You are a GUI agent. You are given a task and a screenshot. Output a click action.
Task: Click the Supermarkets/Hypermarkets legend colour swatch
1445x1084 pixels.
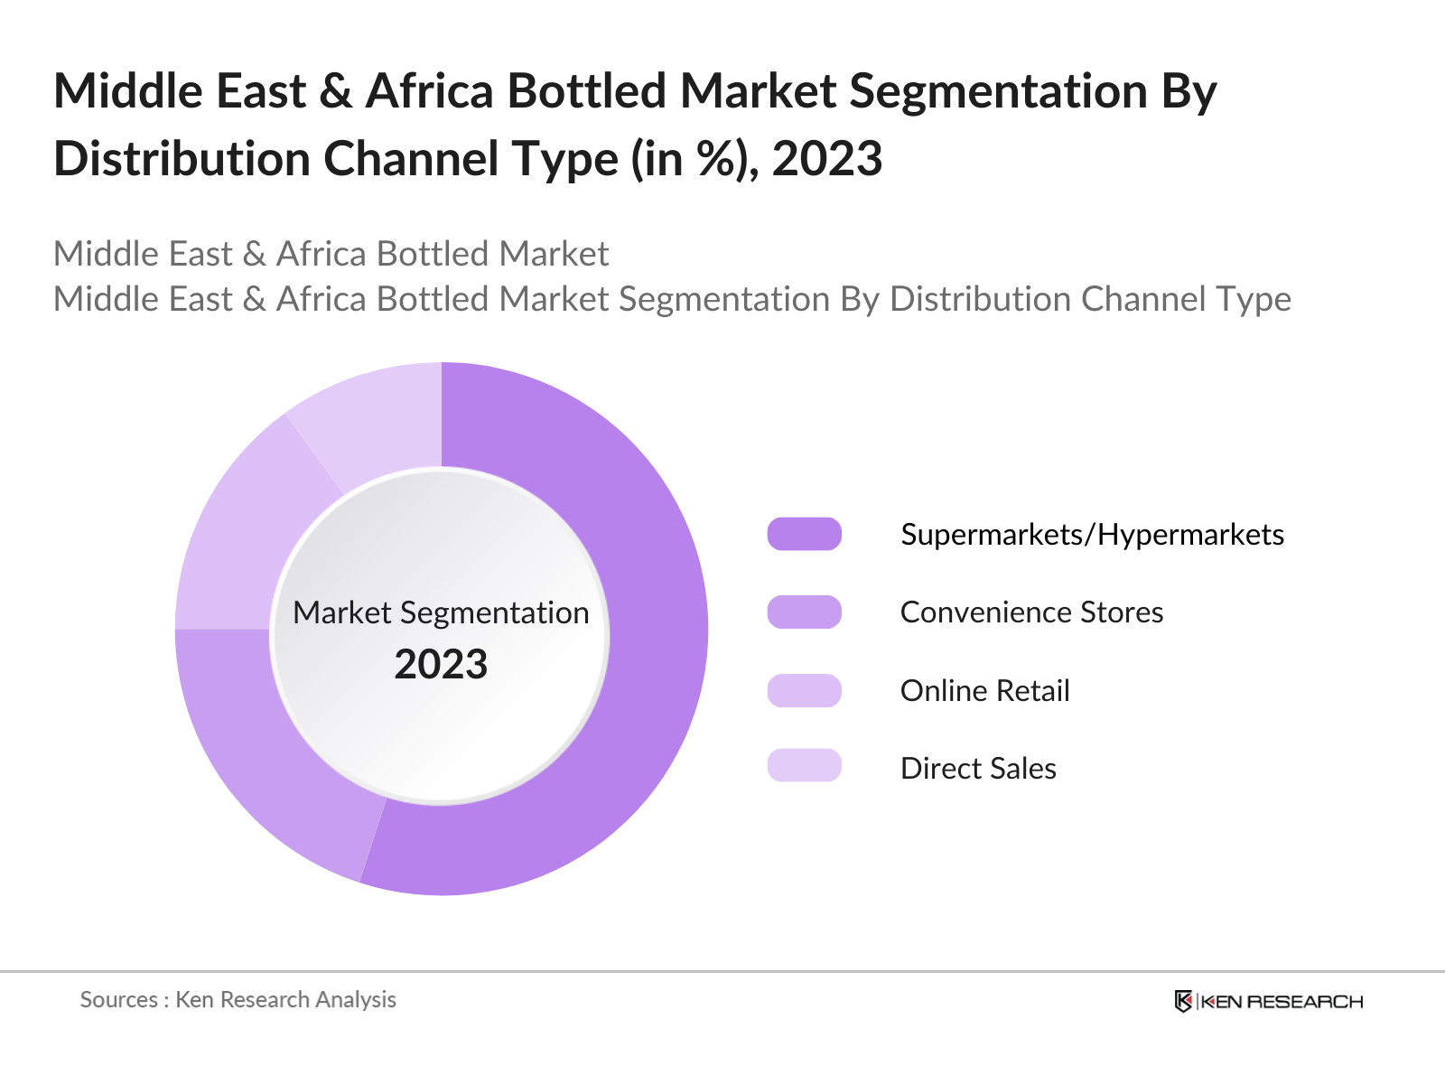[x=804, y=534]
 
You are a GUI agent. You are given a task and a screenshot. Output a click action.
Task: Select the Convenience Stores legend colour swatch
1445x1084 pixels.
[x=804, y=612]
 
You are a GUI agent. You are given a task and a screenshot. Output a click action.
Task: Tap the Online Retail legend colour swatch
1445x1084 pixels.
[x=804, y=690]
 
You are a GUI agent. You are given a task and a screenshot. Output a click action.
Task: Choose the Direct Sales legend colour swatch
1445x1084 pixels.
[x=804, y=765]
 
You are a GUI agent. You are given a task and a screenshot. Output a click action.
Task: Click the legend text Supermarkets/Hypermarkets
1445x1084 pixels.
[x=1092, y=535]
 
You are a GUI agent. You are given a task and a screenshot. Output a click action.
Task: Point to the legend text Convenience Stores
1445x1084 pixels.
[x=1031, y=612]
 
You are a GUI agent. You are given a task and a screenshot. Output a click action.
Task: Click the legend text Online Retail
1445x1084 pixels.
[x=984, y=691]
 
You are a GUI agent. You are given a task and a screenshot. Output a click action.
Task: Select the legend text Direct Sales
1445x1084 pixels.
[x=978, y=769]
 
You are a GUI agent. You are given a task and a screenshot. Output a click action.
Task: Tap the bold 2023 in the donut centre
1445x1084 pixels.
[x=441, y=665]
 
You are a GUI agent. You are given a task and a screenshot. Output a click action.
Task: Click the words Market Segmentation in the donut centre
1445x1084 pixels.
[x=441, y=612]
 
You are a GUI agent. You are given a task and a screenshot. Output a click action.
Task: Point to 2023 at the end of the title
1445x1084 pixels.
[x=826, y=159]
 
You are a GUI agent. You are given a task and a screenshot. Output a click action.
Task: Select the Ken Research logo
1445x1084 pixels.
[x=1268, y=1001]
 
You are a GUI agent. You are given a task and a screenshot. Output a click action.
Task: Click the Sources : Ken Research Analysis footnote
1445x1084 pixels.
[x=238, y=999]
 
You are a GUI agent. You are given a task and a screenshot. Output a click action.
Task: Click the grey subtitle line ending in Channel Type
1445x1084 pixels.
[x=672, y=299]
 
